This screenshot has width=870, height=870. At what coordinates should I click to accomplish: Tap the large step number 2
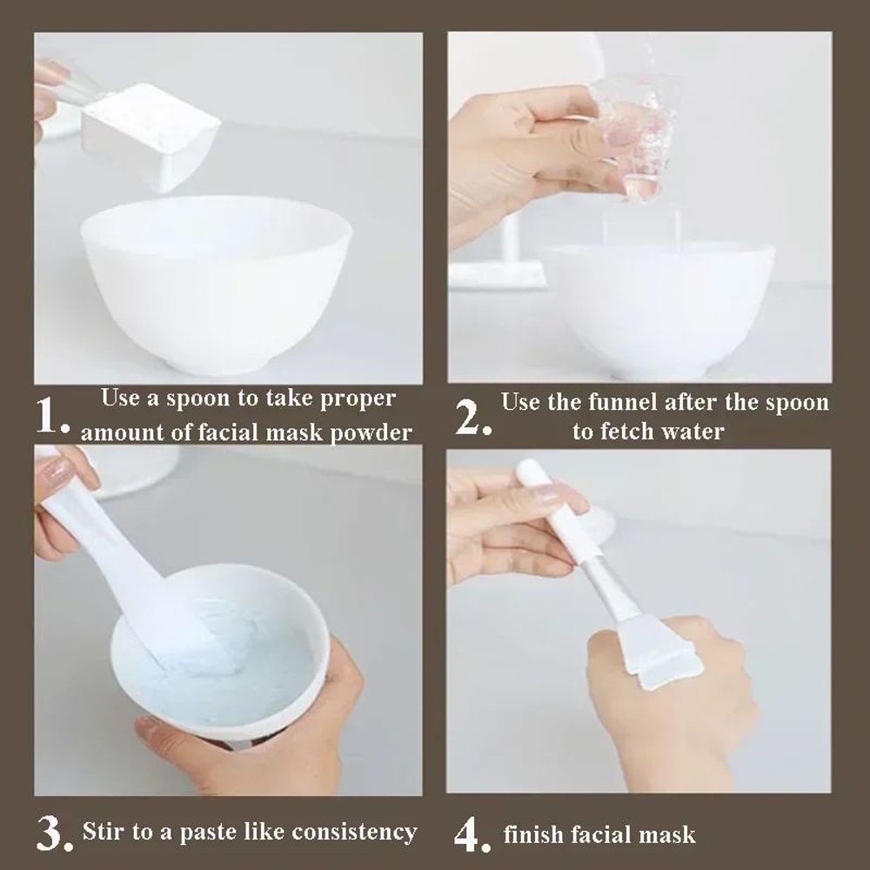(x=473, y=418)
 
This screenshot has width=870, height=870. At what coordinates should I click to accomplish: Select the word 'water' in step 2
(x=692, y=432)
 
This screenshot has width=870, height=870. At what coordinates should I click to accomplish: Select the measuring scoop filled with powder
(x=152, y=135)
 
